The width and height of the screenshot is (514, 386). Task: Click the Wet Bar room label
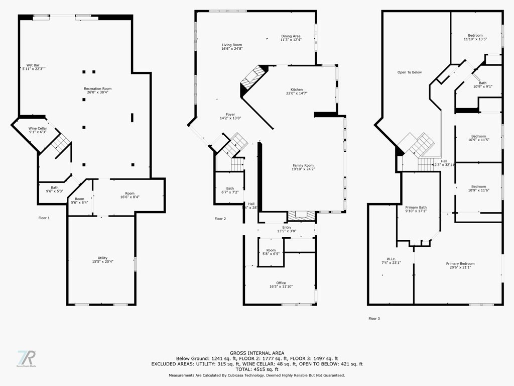click(x=33, y=65)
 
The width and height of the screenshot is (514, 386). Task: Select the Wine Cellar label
click(x=38, y=129)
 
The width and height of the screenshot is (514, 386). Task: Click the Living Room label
click(x=232, y=45)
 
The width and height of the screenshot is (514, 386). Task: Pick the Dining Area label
click(x=291, y=36)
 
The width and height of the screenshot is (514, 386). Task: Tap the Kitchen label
click(x=297, y=89)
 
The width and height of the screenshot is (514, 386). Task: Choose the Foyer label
click(x=230, y=115)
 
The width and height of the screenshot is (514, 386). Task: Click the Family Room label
click(x=303, y=165)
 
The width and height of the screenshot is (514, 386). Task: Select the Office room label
click(x=281, y=283)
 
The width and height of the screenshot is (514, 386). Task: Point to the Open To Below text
click(x=410, y=72)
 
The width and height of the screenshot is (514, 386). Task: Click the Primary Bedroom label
click(x=460, y=263)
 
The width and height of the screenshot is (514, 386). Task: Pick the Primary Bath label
click(x=416, y=207)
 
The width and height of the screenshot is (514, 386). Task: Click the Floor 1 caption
click(x=44, y=218)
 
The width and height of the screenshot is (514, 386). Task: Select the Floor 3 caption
click(x=374, y=318)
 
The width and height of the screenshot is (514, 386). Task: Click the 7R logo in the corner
click(x=27, y=358)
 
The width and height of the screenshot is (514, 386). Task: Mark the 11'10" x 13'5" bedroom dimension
click(x=475, y=39)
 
